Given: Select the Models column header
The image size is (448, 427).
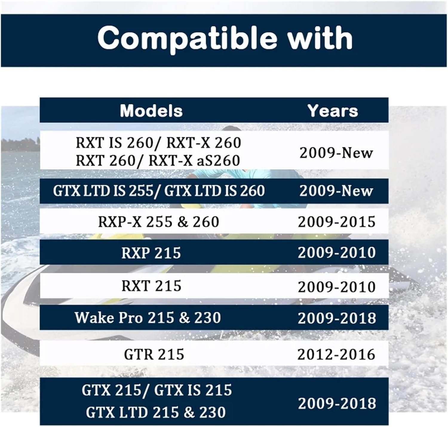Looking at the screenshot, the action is pos(151,111).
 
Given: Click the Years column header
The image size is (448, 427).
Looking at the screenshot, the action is pos(333,111).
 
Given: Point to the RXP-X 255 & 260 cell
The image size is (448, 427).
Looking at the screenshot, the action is pos(159,222).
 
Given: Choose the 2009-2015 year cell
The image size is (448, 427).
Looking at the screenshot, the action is pos(337,222).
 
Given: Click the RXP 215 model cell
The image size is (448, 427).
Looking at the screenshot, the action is pos(151,253).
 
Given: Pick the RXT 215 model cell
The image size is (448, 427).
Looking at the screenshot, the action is pos(151,286).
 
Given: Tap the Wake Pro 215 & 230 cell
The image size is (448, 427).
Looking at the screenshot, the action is pos(148,317).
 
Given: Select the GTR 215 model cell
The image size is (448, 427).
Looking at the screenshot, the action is pos(154,354).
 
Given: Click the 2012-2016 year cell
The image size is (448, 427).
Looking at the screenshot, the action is pos(336,354).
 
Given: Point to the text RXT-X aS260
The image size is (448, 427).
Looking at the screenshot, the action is pos(194,161).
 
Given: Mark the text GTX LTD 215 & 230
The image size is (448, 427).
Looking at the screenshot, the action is pos(156,412).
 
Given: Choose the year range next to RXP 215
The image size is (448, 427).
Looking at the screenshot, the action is pos(337,253).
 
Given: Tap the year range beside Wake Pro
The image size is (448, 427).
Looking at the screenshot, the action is pos(337,318).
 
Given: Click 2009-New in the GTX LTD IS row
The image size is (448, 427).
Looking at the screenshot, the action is pos(336,191).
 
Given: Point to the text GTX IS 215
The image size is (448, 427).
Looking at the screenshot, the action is pos(193,390).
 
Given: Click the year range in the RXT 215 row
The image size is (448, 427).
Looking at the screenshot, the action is pos(337,287).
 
